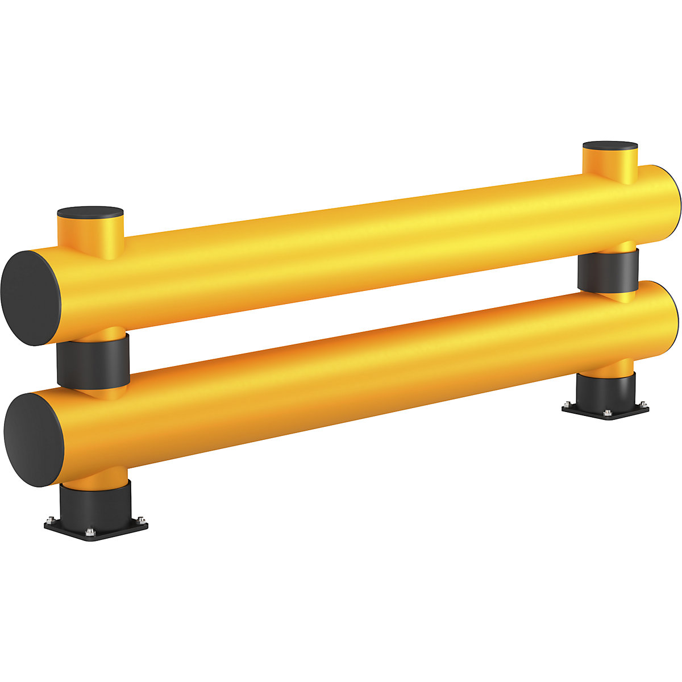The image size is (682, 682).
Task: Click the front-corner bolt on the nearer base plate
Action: pyautogui.click(x=89, y=532)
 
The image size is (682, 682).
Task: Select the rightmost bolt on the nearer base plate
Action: pyautogui.click(x=139, y=519)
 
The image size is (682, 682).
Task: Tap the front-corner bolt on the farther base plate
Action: pyautogui.click(x=608, y=413)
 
